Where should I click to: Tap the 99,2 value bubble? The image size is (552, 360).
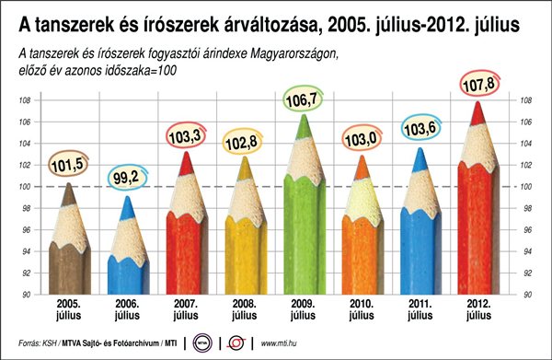127,178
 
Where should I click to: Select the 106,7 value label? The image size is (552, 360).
303,99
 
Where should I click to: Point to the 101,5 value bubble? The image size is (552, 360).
68,165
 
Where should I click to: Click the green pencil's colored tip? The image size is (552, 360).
303,126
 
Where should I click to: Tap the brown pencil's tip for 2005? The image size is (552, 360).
68,194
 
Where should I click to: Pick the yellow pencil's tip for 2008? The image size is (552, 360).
245,168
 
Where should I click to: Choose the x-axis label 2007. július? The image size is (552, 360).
186,309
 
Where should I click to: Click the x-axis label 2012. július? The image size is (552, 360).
478,309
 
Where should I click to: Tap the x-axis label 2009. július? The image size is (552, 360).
303,309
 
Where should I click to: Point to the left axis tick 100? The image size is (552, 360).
25,187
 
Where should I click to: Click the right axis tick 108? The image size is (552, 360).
526,100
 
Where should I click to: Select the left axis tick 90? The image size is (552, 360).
27,295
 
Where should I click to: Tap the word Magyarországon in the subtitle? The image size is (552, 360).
294,54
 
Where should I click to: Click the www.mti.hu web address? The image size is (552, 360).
279,343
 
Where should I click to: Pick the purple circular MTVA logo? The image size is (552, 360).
202,343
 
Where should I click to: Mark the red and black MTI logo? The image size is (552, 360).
236,343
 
